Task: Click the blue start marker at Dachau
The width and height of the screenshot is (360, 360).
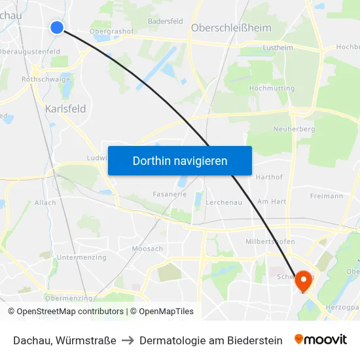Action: [x=57, y=27]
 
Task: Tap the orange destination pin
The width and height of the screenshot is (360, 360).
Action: [x=304, y=280]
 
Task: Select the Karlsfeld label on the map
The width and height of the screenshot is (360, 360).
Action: [x=65, y=109]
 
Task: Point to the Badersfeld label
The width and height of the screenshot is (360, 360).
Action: [x=165, y=21]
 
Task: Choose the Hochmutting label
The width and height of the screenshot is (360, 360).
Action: [x=272, y=88]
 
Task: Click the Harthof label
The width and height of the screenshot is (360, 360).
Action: [x=269, y=177]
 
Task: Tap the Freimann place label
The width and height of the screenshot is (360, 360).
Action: [x=327, y=196]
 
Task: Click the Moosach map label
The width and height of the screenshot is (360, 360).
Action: [x=147, y=249]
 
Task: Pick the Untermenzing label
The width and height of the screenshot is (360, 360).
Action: [x=81, y=257]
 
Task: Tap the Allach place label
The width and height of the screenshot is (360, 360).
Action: [x=45, y=203]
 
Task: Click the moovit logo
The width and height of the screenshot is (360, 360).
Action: [x=321, y=340]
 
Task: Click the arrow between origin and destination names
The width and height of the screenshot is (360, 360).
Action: [x=128, y=340]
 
